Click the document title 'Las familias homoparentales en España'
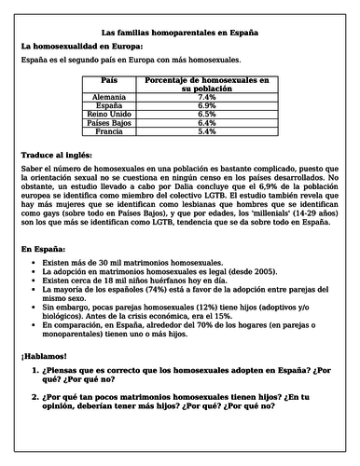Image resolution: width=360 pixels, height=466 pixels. [180, 33]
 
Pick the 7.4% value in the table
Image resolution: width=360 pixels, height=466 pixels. [207, 97]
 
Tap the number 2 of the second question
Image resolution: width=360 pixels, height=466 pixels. [35, 397]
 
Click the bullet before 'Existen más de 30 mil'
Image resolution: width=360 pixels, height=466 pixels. [35, 266]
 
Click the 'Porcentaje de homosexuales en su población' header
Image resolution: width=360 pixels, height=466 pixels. [207, 86]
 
